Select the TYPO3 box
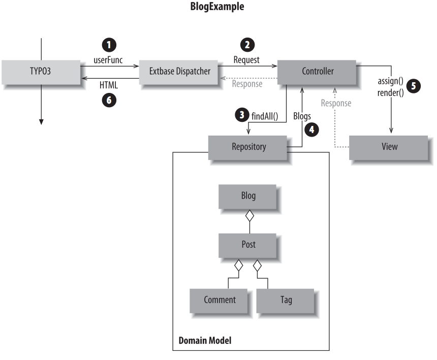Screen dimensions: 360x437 (41, 72)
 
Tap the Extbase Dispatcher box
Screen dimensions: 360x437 (180, 72)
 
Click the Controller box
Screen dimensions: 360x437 (318, 71)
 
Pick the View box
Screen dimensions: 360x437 (389, 147)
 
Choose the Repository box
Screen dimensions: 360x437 (248, 147)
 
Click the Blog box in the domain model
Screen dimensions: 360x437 (248, 196)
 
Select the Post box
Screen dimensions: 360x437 (248, 245)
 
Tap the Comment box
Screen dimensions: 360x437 (220, 300)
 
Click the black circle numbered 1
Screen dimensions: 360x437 (108, 45)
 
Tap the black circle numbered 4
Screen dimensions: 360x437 (311, 129)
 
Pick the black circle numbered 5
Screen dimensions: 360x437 (415, 86)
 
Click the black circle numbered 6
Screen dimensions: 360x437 (108, 100)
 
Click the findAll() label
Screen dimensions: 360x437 (266, 116)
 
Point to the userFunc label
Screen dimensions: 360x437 (108, 60)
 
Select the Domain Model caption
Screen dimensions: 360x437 (205, 340)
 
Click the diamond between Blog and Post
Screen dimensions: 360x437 (249, 216)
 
